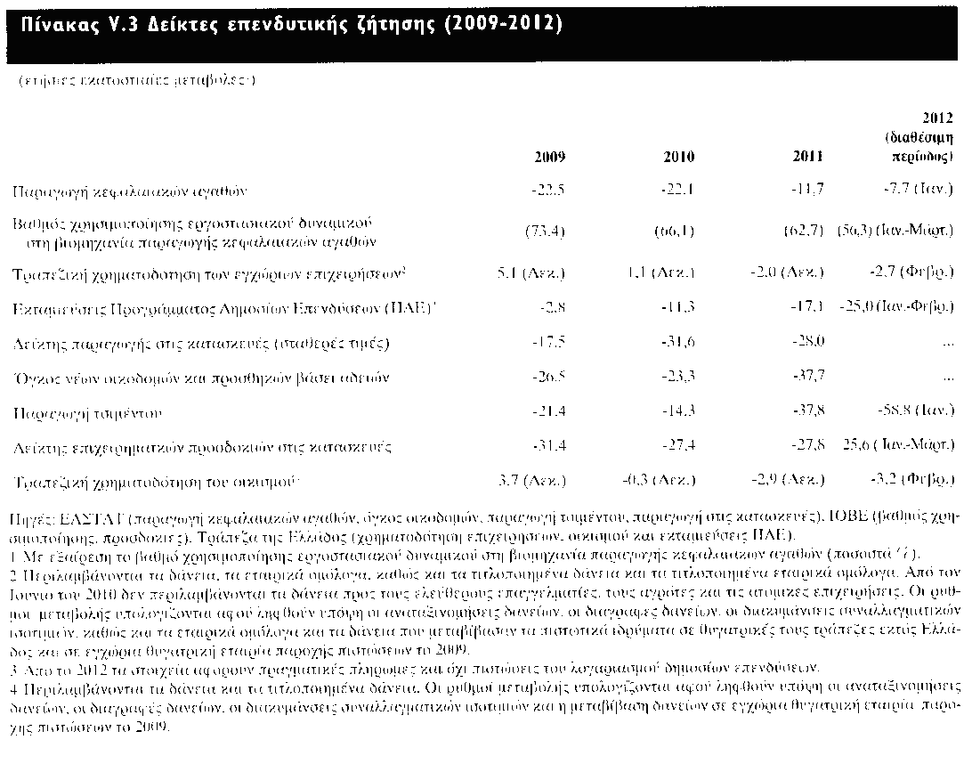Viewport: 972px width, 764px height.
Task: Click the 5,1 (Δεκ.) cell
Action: click(x=531, y=272)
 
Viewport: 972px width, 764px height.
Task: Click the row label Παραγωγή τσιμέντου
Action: click(x=85, y=414)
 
